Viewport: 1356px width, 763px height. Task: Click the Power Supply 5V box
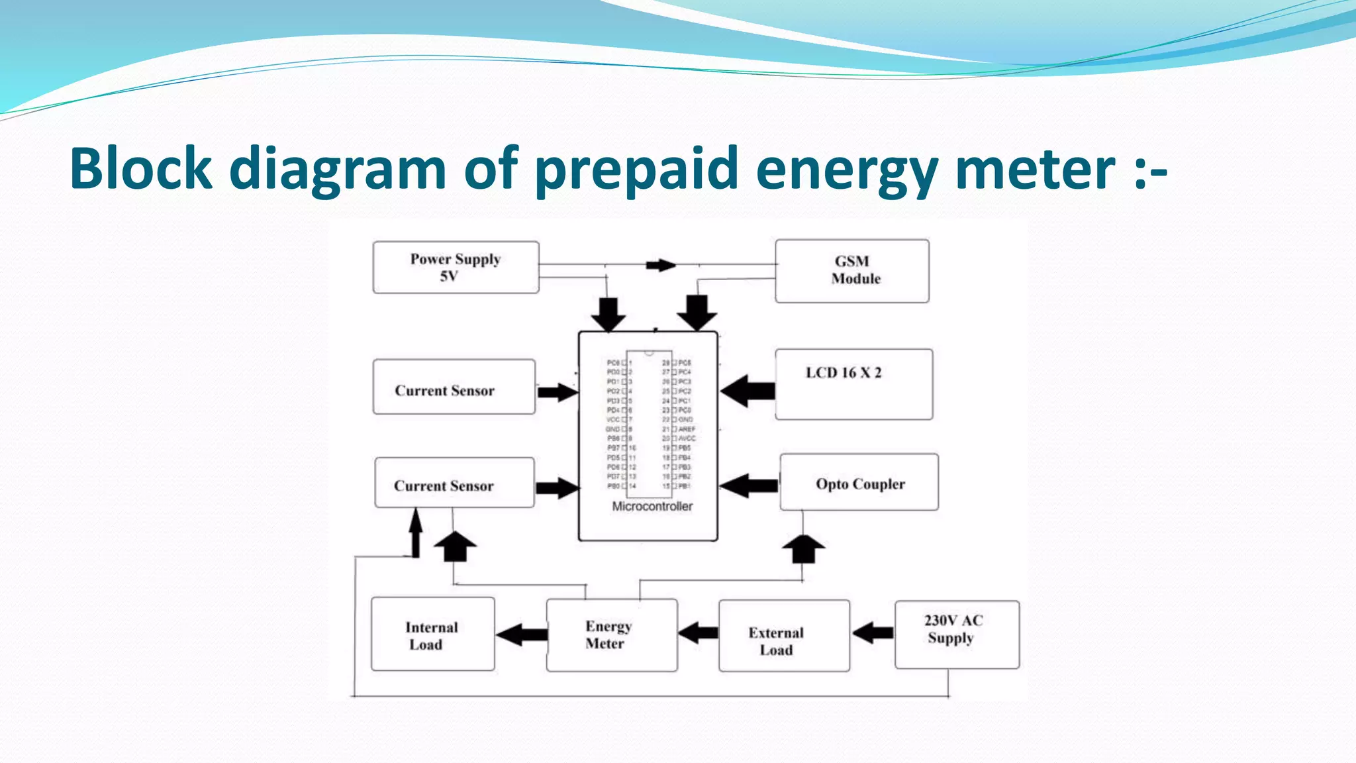click(456, 267)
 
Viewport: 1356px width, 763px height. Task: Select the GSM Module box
click(852, 271)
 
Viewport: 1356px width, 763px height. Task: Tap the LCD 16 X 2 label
click(844, 373)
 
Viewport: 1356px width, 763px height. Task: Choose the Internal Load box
click(432, 635)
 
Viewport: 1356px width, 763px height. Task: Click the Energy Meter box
click(611, 635)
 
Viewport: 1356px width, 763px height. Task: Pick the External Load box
click(784, 636)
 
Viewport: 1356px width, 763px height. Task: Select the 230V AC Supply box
click(956, 635)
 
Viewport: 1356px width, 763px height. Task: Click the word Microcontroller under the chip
click(652, 507)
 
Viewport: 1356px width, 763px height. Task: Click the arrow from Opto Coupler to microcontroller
click(748, 485)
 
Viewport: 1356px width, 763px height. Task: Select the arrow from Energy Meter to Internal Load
click(522, 635)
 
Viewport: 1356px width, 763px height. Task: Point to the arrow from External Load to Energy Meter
click(698, 633)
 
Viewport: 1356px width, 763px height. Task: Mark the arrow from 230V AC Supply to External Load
click(873, 633)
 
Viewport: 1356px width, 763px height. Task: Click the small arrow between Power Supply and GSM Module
click(660, 266)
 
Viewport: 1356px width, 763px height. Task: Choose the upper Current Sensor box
click(454, 387)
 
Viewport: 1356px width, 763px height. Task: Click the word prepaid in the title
click(636, 169)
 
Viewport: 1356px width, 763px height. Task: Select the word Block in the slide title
click(140, 169)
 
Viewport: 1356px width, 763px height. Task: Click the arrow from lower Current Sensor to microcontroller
click(557, 488)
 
